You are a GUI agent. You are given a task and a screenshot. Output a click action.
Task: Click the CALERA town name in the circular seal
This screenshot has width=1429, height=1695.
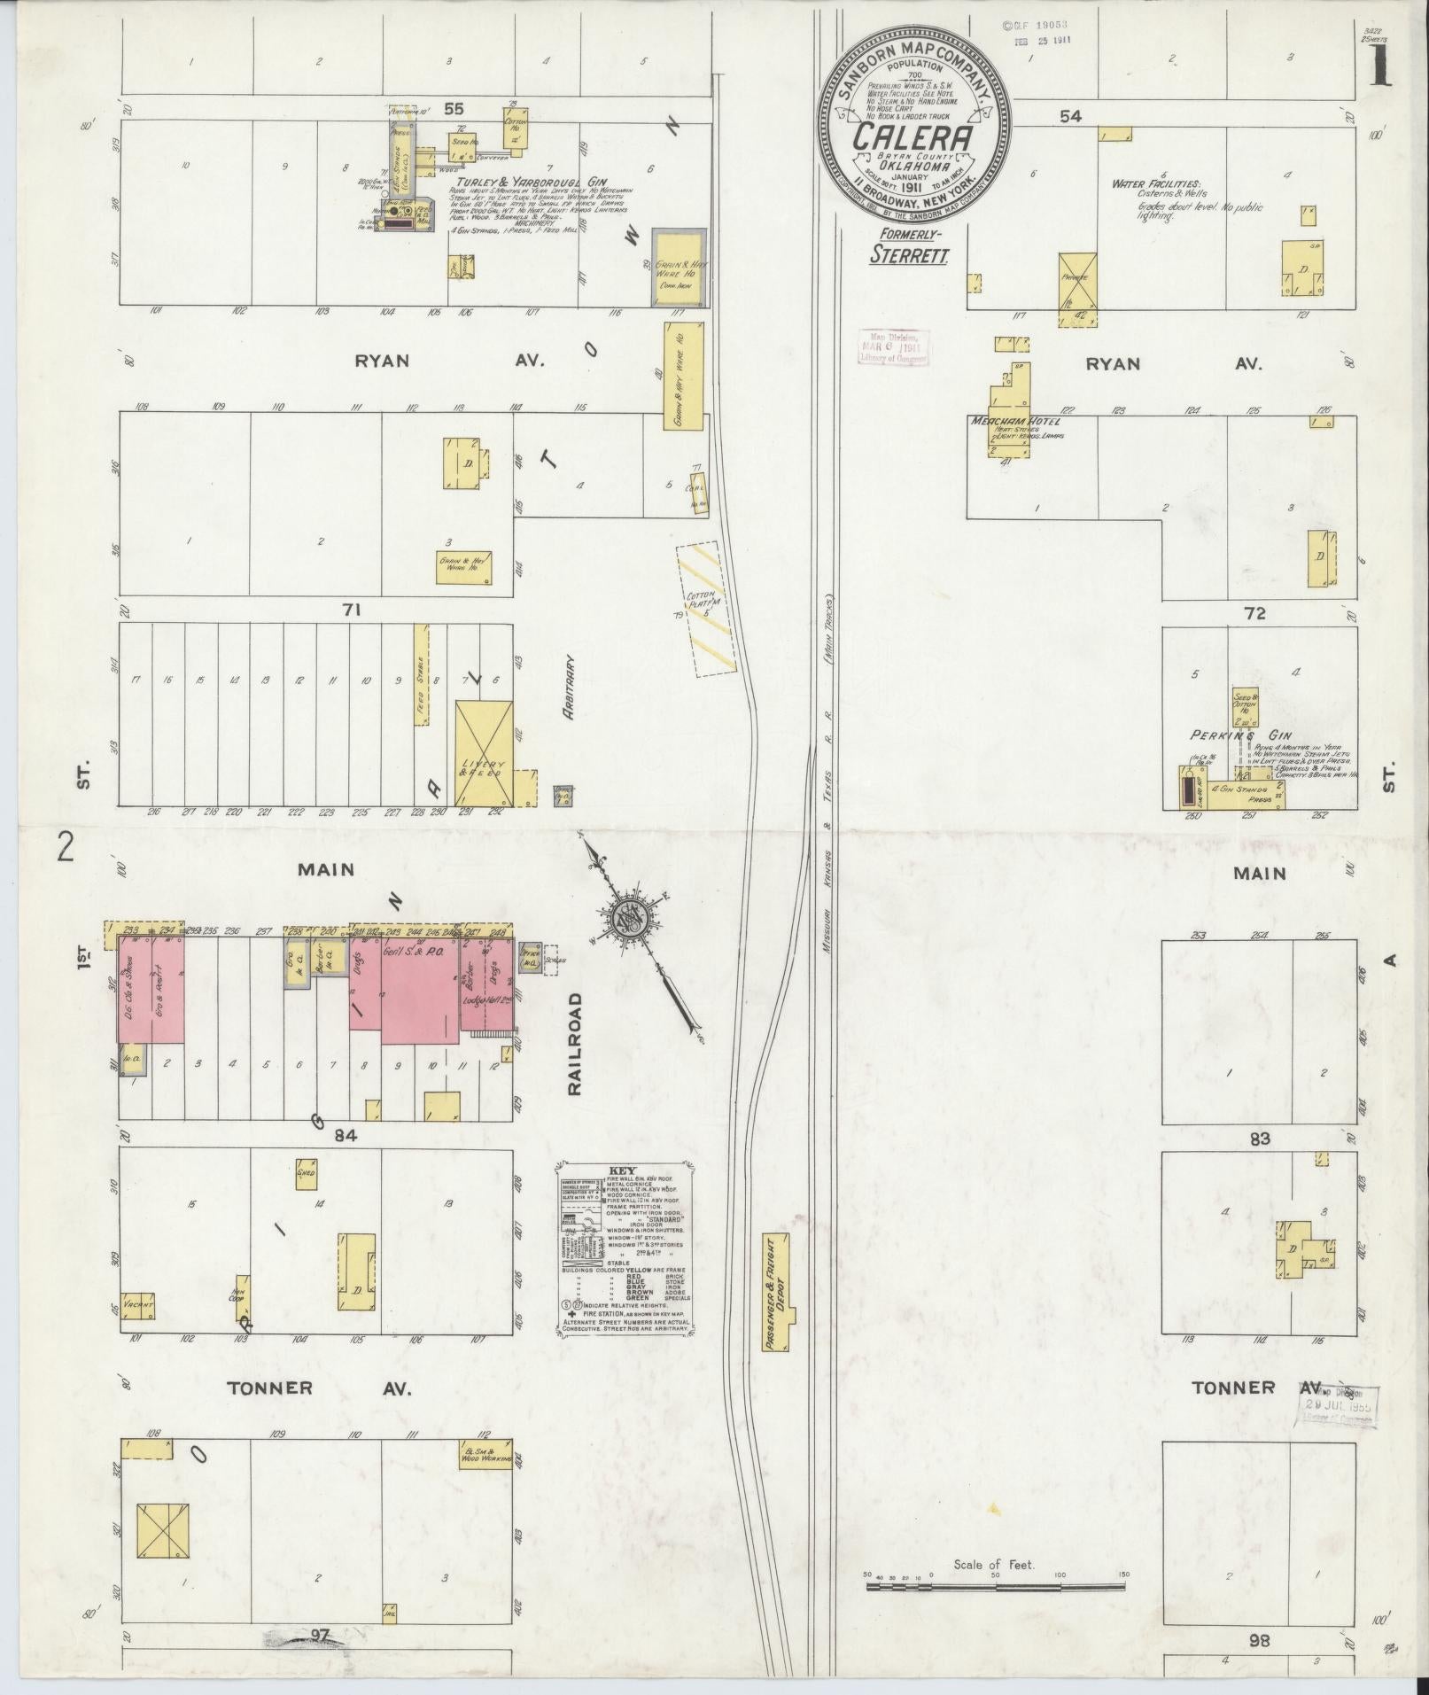[x=914, y=136]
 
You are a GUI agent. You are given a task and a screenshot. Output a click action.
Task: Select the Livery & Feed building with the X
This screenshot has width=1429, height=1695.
[x=484, y=752]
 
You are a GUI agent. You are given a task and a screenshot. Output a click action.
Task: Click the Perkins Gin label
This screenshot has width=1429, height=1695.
[x=1227, y=735]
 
